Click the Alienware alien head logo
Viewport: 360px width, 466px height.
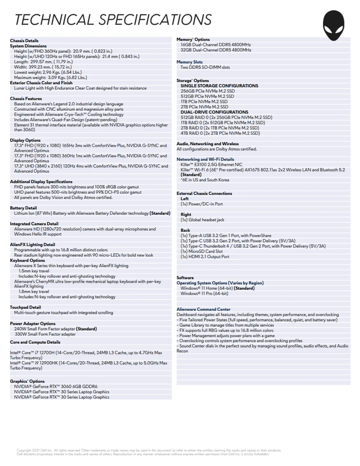334,26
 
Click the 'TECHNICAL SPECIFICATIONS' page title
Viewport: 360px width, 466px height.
113,20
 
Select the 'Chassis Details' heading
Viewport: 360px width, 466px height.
24,41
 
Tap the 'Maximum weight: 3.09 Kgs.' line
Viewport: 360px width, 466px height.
50,77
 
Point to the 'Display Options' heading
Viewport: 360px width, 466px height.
25,140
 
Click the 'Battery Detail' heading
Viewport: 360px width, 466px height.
23,208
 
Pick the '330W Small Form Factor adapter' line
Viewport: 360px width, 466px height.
45,334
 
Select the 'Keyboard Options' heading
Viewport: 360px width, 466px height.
27,260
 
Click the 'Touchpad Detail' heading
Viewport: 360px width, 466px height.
25,307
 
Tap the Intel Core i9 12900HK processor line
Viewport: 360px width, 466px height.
88,363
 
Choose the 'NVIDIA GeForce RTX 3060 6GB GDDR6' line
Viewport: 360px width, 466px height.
56,386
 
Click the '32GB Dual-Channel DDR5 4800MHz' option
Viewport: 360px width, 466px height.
216,50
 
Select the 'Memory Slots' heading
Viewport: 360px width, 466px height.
189,62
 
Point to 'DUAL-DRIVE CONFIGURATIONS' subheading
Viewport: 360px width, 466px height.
214,112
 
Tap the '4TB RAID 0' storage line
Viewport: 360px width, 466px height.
220,133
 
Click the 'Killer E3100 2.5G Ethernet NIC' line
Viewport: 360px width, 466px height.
211,164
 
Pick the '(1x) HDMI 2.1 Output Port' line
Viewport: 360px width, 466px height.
205,257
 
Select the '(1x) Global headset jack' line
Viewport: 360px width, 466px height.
202,220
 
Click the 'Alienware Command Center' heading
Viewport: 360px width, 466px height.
203,309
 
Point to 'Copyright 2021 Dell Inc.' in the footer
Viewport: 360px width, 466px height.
35,450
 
